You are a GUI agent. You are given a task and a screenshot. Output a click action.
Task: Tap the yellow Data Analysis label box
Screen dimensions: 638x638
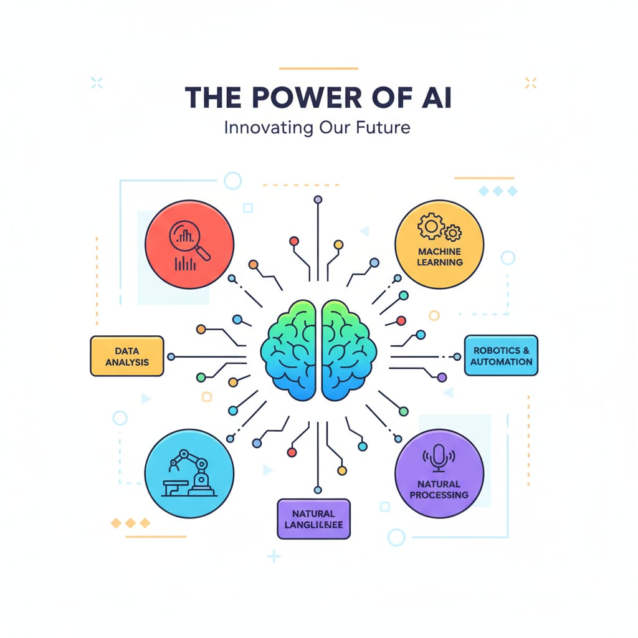(x=127, y=356)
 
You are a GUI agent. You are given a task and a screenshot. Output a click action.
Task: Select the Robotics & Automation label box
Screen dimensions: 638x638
(x=501, y=356)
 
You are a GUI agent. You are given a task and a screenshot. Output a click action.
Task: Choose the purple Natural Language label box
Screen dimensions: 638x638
(x=313, y=519)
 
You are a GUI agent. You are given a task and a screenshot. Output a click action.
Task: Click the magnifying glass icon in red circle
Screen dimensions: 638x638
(x=190, y=240)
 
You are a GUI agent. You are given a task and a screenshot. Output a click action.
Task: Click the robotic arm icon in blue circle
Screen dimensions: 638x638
(x=189, y=475)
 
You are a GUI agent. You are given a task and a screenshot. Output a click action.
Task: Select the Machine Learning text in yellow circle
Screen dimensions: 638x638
(x=440, y=257)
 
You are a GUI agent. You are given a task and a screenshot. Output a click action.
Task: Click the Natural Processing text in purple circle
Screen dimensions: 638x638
(x=439, y=489)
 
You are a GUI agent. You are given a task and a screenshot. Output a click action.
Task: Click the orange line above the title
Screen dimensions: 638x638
(x=318, y=68)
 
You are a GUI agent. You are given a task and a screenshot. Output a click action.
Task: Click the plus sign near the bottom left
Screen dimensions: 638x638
(x=273, y=555)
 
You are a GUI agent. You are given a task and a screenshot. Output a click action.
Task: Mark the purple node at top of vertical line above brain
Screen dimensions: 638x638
(x=318, y=199)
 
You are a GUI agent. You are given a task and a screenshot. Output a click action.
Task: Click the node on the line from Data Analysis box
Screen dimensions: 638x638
(x=171, y=357)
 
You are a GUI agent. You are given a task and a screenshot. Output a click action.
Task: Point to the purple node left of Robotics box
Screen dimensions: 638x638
(x=442, y=377)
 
